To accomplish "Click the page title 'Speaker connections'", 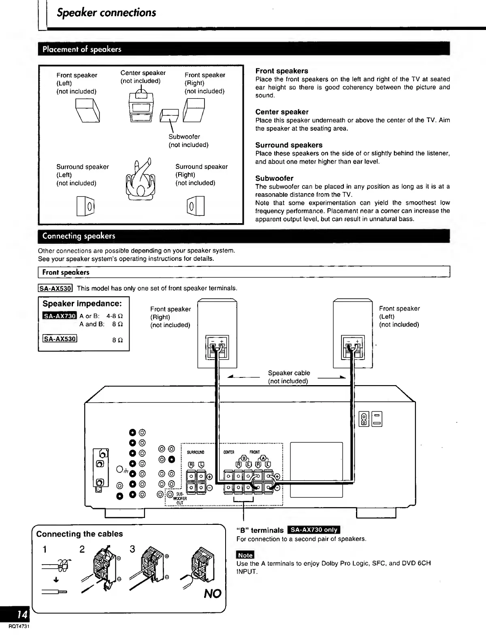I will click(106, 13).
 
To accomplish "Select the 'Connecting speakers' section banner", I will click(79, 236).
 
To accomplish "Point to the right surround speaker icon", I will click(196, 206).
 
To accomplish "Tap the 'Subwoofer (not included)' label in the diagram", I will click(188, 141).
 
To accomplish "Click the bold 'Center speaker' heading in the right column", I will click(281, 112).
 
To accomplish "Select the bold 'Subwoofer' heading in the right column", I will click(274, 178).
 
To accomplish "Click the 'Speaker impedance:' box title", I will click(82, 304).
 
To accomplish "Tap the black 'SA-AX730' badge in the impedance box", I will click(59, 316).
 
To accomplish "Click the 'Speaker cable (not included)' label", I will click(288, 377).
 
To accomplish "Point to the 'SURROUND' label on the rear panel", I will click(196, 452).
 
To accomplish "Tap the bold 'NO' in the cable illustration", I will click(212, 594).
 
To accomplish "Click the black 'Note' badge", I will click(245, 555).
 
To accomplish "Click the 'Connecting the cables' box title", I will click(79, 534).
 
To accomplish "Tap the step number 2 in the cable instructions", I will click(82, 549).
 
